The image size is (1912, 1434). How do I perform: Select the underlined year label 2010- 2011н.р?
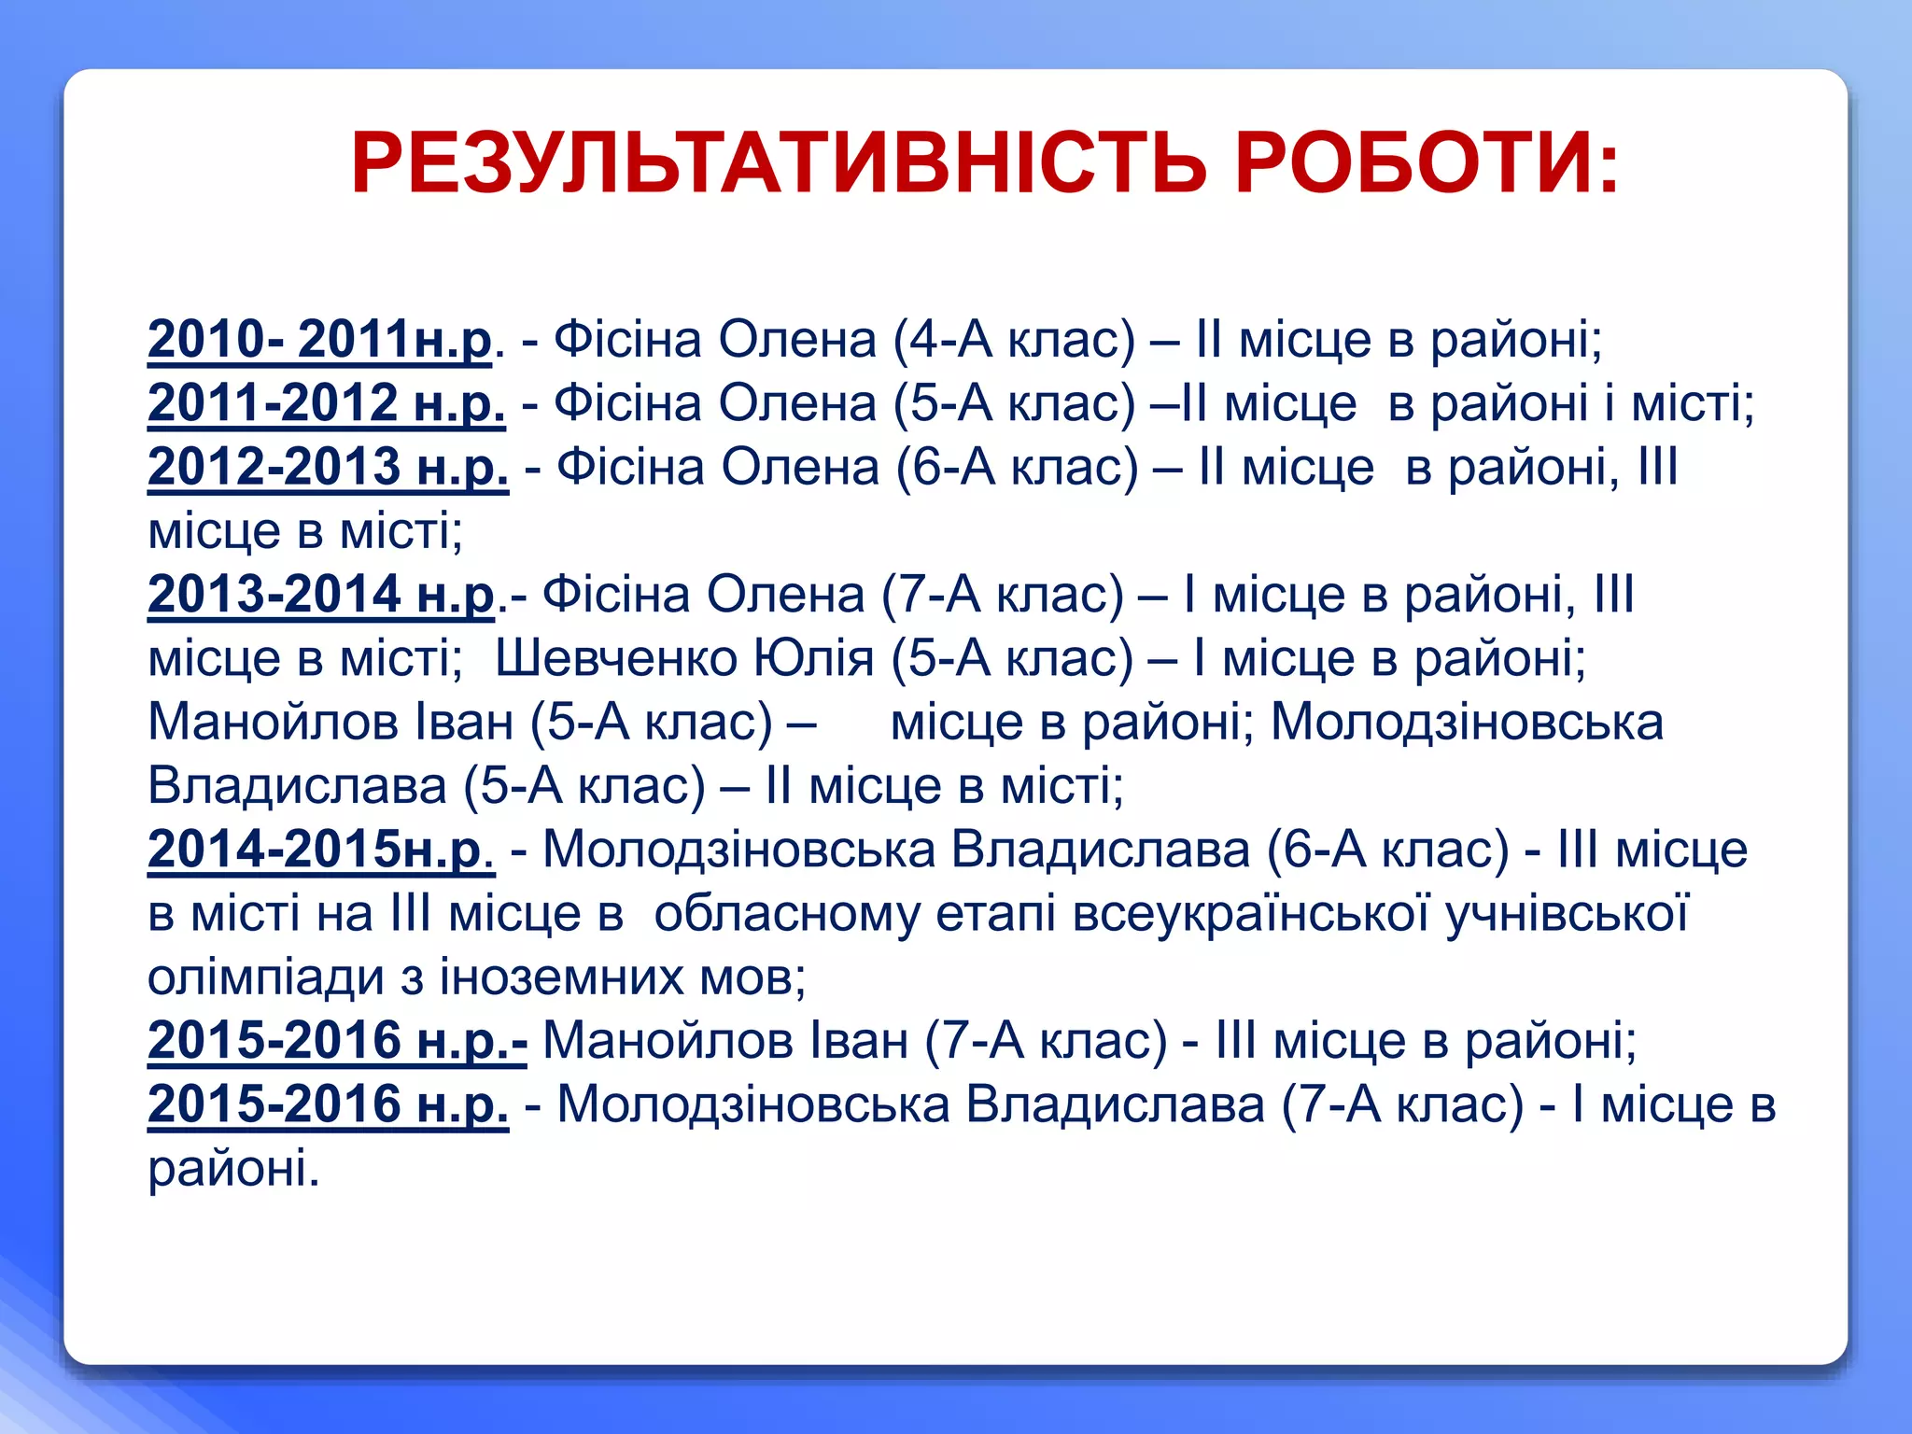pyautogui.click(x=319, y=339)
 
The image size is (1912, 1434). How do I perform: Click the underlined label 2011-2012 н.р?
pyautogui.click(x=327, y=402)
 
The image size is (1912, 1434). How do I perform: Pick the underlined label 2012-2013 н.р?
pyautogui.click(x=328, y=466)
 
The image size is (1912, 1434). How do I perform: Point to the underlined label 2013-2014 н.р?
pyautogui.click(x=321, y=594)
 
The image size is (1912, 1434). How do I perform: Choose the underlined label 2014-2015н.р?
pyautogui.click(x=320, y=849)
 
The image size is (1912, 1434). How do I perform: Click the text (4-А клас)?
pyautogui.click(x=1014, y=339)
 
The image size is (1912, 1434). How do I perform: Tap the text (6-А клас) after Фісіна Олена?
pyautogui.click(x=1017, y=466)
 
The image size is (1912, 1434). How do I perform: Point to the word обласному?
pyautogui.click(x=786, y=912)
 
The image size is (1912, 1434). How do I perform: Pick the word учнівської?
pyautogui.click(x=1568, y=912)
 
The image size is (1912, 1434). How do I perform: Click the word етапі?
pyautogui.click(x=995, y=912)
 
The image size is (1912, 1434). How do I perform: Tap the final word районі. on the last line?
pyautogui.click(x=233, y=1168)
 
